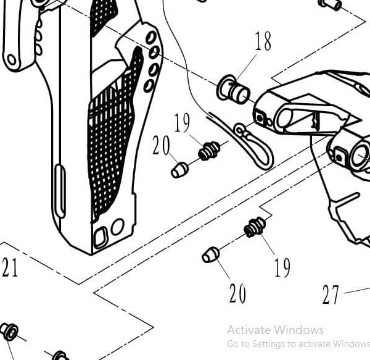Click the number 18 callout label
click(x=262, y=41)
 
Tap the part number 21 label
click(x=9, y=268)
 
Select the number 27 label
click(x=331, y=295)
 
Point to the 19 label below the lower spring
click(x=282, y=267)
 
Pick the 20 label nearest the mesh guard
click(x=161, y=146)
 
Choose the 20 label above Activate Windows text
click(x=238, y=293)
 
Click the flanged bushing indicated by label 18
click(x=234, y=91)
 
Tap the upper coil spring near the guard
click(x=208, y=150)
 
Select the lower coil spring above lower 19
click(x=254, y=227)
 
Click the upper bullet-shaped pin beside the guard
click(x=179, y=170)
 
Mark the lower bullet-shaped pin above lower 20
click(x=210, y=254)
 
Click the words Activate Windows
click(x=274, y=330)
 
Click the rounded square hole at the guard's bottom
click(x=100, y=236)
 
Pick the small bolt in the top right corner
click(x=331, y=4)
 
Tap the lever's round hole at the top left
click(x=12, y=61)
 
